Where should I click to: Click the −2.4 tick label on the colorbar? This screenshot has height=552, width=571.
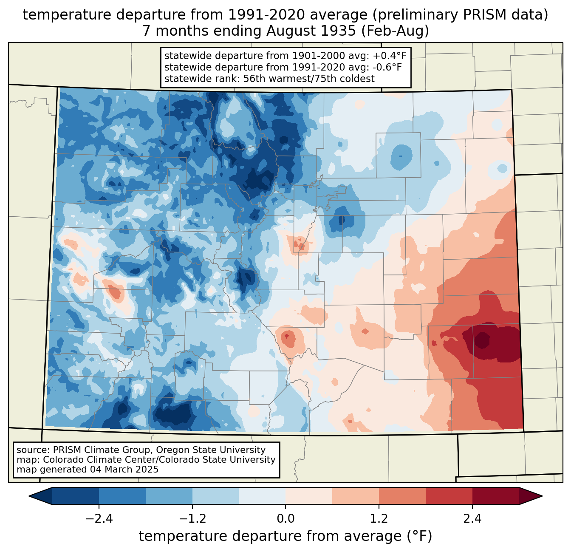pos(99,519)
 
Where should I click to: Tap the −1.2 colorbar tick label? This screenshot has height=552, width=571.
pos(192,519)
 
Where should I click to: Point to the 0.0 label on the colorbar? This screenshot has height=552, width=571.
pos(285,519)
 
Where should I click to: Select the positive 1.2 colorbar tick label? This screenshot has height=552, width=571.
pos(379,519)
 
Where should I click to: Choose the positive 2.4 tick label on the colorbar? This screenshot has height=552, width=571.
pos(472,519)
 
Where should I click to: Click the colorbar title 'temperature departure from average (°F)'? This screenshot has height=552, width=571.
pos(285,536)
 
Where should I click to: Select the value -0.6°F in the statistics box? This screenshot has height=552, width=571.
pos(385,67)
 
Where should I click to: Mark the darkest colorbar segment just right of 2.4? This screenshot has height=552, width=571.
pos(495,496)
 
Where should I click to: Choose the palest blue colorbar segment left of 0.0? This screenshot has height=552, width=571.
pos(262,496)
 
